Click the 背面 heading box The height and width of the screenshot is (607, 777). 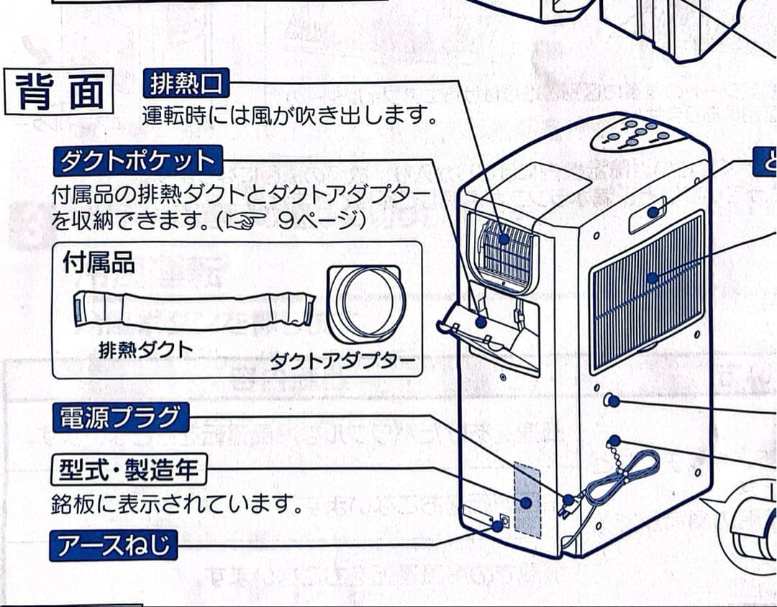[x=59, y=92]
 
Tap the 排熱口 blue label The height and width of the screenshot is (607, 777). [x=186, y=85]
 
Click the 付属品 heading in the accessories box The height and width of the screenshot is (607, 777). [x=99, y=262]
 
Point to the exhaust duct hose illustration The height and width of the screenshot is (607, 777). [x=194, y=310]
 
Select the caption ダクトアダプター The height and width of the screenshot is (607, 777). [x=343, y=360]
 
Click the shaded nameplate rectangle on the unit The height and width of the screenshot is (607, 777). [x=527, y=500]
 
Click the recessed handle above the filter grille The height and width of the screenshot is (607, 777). [x=647, y=214]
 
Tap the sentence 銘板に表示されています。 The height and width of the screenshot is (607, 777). [x=177, y=504]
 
